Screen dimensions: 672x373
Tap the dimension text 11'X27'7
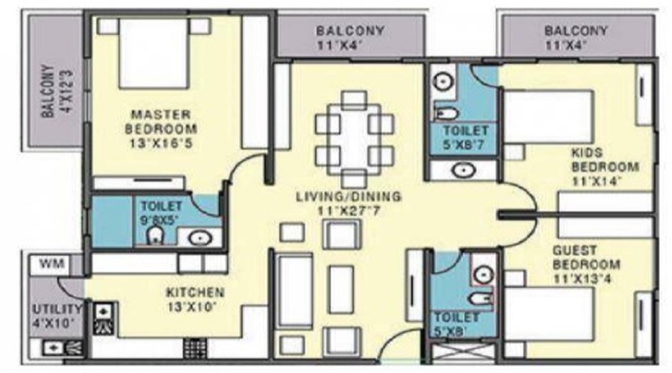pos(349,211)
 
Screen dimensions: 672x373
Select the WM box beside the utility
pos(52,264)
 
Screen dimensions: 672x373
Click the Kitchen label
pos(195,292)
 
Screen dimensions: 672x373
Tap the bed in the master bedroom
pos(154,53)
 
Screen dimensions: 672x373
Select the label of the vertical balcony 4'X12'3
pos(57,91)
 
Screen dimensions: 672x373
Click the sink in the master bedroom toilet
pos(200,238)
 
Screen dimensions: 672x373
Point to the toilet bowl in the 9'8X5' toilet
pos(155,235)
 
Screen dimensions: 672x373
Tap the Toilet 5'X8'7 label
pos(465,137)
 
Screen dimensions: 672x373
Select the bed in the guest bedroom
pos(549,315)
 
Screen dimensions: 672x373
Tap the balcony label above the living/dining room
pos(350,37)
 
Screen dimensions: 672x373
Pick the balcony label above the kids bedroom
pos(576,37)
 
